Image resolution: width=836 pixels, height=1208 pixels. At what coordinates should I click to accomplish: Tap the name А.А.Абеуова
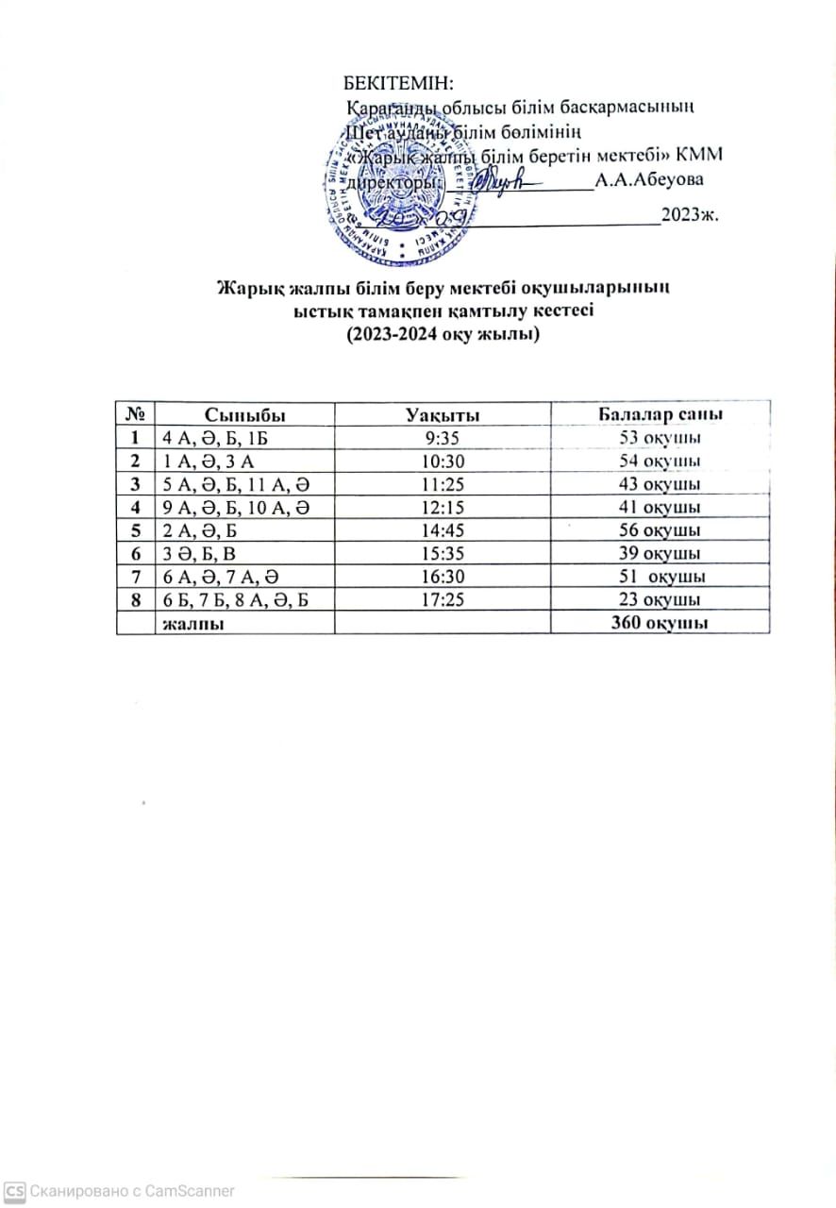647,180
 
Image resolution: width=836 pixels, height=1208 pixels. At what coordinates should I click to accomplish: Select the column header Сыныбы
245,415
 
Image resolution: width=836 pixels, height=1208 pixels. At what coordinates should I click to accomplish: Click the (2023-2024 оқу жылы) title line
443,334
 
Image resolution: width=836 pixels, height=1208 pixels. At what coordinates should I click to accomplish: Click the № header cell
134,415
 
